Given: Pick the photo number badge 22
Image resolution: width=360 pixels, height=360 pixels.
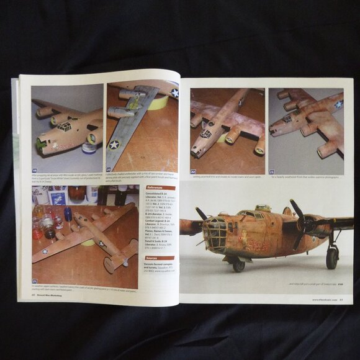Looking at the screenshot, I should coord(194,172).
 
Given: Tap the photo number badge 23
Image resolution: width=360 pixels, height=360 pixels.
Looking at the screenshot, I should coord(272,172).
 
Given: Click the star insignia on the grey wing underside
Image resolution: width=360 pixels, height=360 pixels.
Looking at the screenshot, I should coord(114,145).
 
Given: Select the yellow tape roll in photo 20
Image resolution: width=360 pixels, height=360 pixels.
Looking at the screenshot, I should coord(158,102).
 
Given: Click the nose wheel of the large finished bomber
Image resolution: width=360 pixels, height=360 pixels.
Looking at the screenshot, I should coord(238,266).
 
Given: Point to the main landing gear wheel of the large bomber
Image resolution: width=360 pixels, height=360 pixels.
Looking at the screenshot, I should coord(333,256).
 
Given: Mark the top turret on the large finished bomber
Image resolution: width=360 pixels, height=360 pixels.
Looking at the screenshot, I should coord(263,209).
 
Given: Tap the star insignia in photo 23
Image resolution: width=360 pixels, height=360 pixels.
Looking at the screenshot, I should coord(338,104).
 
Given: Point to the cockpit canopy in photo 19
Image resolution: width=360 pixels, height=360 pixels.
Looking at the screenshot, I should coord(64,127).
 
